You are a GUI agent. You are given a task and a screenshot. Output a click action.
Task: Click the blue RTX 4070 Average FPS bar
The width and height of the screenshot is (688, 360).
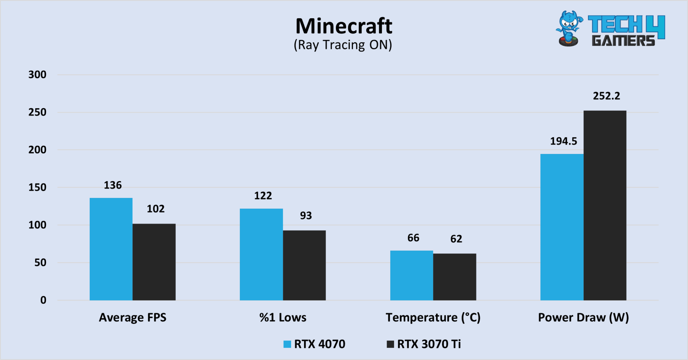point(111,249)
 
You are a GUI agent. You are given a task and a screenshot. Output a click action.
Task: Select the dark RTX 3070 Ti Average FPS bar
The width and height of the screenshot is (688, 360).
point(154,262)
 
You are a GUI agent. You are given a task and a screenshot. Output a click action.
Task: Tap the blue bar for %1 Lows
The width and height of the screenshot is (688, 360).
point(261,254)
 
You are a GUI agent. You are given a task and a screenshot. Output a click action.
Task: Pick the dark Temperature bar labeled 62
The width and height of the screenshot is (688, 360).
point(454,277)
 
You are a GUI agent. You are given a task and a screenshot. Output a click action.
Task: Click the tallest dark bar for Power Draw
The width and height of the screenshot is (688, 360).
point(605,205)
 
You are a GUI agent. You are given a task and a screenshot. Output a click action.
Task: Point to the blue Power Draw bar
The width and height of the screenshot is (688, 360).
point(562,227)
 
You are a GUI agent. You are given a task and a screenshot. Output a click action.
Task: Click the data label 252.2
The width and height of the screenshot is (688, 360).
point(606,96)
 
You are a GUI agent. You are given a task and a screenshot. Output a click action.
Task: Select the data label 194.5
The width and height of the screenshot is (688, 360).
point(563,141)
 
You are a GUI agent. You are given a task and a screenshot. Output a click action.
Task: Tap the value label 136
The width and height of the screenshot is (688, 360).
point(113,185)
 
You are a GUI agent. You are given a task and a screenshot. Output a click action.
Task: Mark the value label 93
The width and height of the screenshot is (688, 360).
point(306,215)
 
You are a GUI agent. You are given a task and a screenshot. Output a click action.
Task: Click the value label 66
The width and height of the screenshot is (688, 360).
point(413,238)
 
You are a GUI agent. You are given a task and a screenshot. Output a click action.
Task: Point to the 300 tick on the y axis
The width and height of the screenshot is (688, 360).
point(37,75)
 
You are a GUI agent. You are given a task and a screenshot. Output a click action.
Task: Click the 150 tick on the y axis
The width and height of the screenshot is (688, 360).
point(37,188)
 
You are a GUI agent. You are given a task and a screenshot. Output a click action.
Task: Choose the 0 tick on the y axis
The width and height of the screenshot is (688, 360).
point(43,300)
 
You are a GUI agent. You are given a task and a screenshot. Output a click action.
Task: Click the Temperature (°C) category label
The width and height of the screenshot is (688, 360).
point(433,318)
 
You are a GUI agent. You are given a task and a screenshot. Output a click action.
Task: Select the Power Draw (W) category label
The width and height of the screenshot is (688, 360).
point(583,318)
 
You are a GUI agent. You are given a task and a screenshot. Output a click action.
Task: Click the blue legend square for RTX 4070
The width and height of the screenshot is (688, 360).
point(287,344)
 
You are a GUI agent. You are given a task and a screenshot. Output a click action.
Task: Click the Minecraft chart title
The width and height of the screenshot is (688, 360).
point(344,26)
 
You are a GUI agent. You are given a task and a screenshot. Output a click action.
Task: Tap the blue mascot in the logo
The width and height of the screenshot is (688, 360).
point(569,29)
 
